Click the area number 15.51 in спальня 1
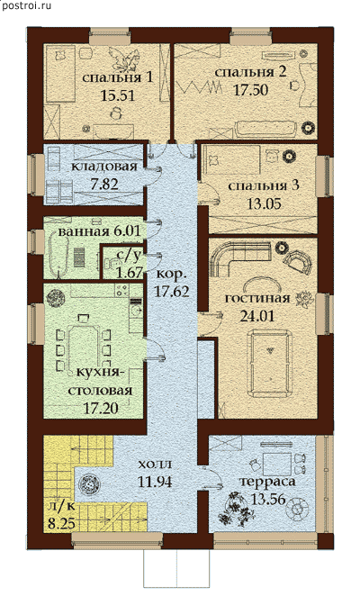click(x=117, y=95)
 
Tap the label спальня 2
click(x=250, y=73)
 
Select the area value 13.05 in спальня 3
click(x=264, y=203)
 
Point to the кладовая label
click(x=104, y=167)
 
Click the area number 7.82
click(x=105, y=184)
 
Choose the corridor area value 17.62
click(x=171, y=291)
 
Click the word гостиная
click(x=257, y=299)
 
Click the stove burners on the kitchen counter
click(x=121, y=290)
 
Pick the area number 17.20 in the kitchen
click(x=101, y=408)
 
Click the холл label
click(x=154, y=464)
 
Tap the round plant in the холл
click(x=89, y=483)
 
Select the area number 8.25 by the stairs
click(x=62, y=524)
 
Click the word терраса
click(x=267, y=482)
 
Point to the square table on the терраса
click(x=277, y=464)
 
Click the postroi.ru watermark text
click(x=27, y=5)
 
